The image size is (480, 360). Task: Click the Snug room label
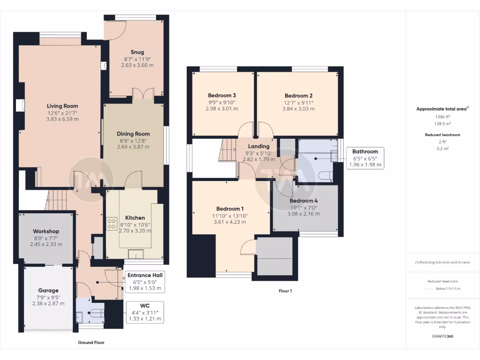[137, 52]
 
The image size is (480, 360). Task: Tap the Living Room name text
[62, 106]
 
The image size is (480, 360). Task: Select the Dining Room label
[133, 134]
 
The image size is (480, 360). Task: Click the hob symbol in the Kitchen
[112, 224]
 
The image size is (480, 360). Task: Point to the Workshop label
[46, 232]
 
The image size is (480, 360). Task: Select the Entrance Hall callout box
[144, 282]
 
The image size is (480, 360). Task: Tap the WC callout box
[144, 312]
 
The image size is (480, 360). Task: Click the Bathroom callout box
[365, 158]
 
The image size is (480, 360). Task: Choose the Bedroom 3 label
[222, 96]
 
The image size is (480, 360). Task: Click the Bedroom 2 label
[299, 96]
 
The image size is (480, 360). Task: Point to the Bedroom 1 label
[230, 209]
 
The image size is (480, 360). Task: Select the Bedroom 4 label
[303, 201]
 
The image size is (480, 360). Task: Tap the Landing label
[259, 146]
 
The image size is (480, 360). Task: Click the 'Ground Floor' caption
[91, 343]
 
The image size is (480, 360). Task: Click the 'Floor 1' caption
[285, 291]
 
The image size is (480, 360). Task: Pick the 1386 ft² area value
[442, 117]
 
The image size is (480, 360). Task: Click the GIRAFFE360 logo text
[442, 336]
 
